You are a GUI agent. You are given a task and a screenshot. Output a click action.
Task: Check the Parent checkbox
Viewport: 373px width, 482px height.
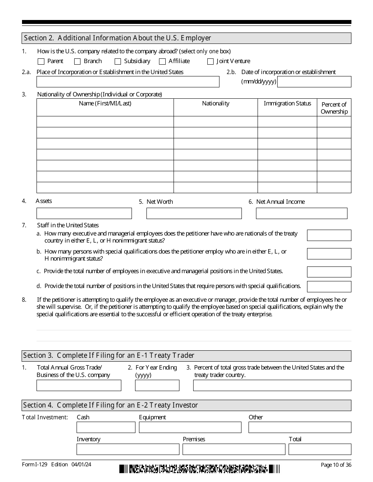click(x=41, y=62)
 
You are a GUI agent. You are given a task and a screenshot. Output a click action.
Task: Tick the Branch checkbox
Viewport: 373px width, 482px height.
click(x=77, y=62)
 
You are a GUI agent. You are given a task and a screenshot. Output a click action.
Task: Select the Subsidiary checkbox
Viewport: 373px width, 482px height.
click(x=118, y=62)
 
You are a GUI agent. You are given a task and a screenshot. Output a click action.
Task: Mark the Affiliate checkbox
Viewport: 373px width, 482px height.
click(x=162, y=62)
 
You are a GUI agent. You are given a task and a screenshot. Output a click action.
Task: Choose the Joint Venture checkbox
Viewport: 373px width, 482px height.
click(x=210, y=62)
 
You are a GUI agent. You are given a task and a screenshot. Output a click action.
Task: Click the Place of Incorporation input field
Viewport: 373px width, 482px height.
click(x=128, y=82)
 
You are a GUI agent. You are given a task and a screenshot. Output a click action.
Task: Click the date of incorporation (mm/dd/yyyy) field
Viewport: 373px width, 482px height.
click(x=314, y=82)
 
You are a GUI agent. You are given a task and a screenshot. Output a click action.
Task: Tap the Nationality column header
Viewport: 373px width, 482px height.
click(x=216, y=103)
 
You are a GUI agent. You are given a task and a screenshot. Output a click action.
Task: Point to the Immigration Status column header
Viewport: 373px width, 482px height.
click(x=287, y=103)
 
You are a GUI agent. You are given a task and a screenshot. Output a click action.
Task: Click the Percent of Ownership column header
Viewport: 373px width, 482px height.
click(x=334, y=108)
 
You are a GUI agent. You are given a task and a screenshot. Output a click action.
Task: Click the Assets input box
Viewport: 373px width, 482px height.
click(x=84, y=213)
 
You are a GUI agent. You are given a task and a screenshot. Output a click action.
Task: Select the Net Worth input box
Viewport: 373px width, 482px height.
click(x=194, y=213)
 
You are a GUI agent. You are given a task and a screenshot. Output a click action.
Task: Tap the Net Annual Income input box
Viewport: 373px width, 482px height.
click(x=302, y=213)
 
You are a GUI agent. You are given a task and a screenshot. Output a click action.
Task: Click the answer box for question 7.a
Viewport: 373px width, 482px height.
click(x=329, y=236)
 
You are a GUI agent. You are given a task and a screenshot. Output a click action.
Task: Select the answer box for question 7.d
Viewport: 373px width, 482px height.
click(x=329, y=286)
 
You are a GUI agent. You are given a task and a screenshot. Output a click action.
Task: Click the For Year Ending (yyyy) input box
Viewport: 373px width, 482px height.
click(x=157, y=385)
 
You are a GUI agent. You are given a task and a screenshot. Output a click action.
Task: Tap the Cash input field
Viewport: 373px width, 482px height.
click(x=106, y=427)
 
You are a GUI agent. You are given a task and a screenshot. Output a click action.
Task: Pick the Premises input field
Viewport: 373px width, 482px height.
click(x=234, y=449)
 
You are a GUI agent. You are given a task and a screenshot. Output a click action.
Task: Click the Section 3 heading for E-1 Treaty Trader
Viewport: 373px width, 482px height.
click(x=109, y=355)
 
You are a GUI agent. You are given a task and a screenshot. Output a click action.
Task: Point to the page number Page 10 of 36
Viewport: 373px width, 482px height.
click(x=336, y=465)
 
